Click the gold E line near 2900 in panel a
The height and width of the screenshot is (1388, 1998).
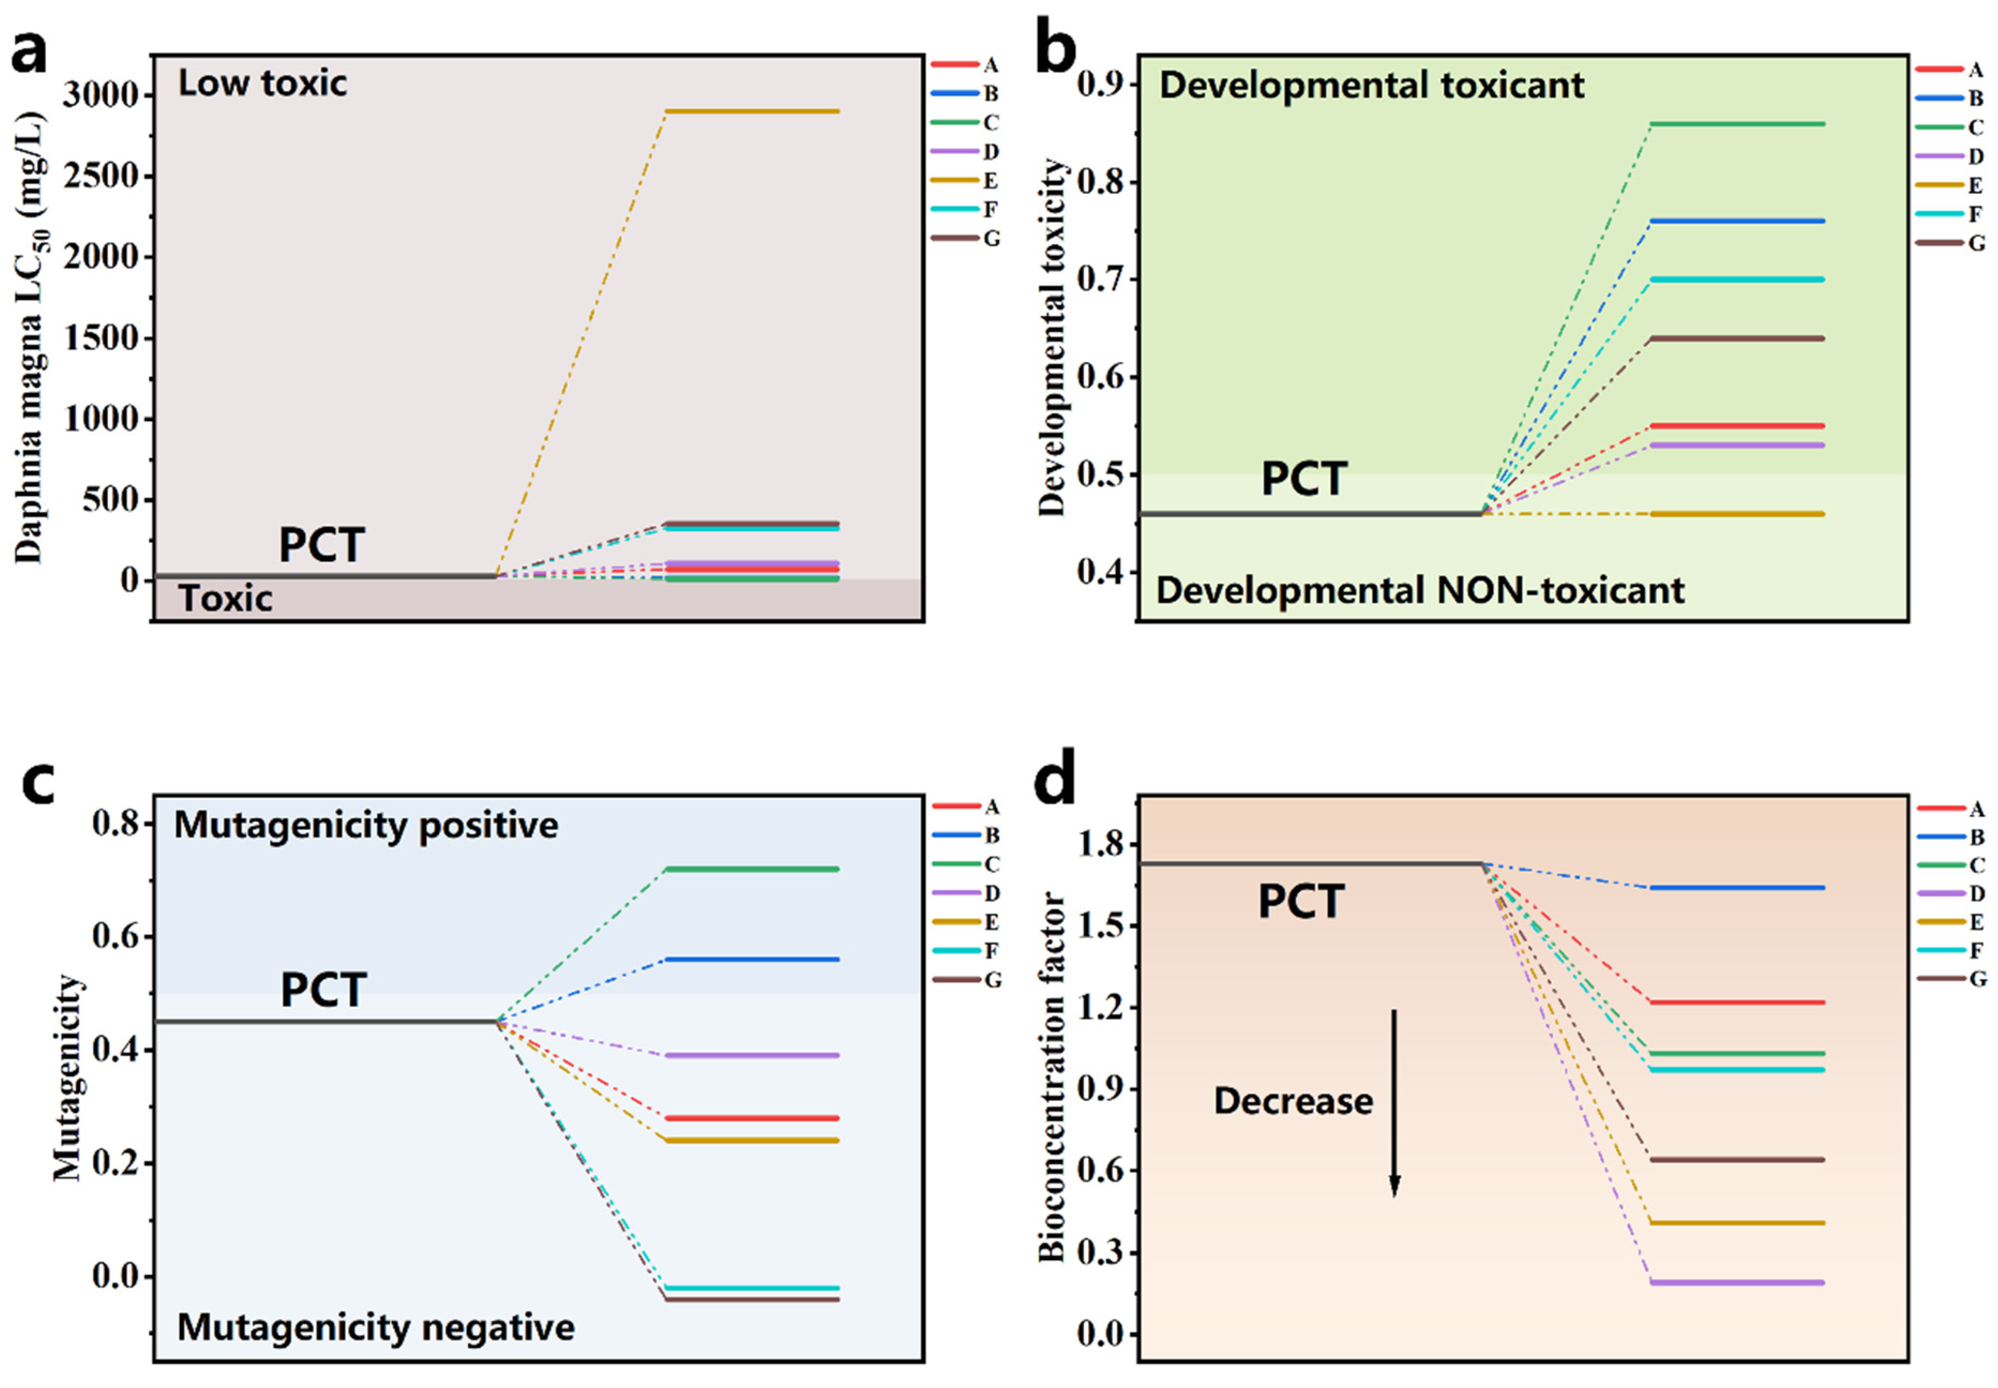[752, 111]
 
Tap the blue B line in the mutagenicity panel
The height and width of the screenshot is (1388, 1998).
[752, 959]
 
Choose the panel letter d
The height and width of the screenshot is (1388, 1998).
[1055, 781]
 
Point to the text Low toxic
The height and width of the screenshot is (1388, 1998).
[262, 84]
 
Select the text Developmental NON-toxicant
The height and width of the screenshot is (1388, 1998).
[1420, 591]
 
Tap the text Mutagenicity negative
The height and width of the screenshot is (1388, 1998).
[375, 1328]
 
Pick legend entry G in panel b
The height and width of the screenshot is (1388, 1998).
[1976, 243]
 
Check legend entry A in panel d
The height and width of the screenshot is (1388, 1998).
[1976, 809]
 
